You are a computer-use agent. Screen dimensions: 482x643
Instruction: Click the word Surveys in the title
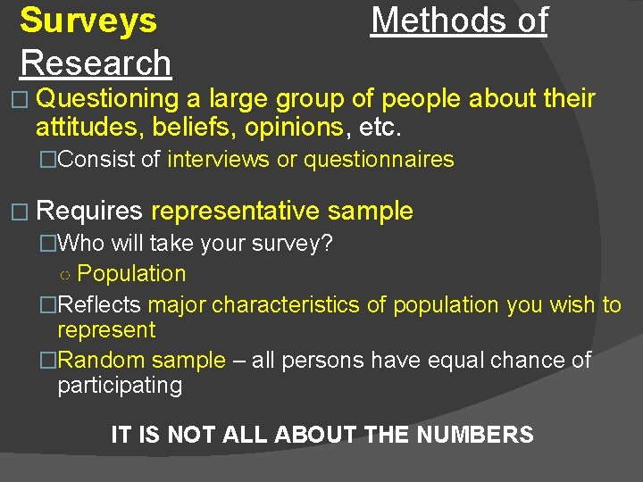click(x=88, y=21)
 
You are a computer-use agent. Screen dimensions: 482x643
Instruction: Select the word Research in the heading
click(x=96, y=62)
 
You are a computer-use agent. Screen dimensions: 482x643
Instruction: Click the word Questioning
click(x=109, y=98)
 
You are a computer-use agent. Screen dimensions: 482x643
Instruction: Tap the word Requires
click(x=91, y=211)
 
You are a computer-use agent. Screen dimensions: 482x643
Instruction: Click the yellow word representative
click(x=235, y=211)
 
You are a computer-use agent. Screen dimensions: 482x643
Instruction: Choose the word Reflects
click(x=98, y=304)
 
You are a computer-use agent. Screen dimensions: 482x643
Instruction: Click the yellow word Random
click(x=102, y=360)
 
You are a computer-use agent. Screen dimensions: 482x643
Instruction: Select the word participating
click(x=120, y=386)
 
